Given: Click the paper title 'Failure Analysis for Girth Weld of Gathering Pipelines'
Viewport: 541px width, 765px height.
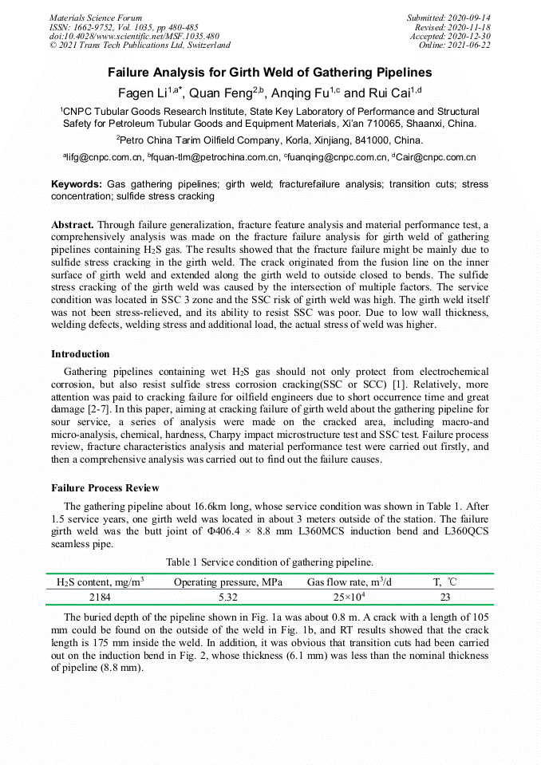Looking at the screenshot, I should click(270, 73).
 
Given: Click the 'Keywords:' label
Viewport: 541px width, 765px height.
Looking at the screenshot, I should click(77, 184).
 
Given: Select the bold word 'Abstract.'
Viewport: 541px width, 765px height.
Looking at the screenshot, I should click(73, 226).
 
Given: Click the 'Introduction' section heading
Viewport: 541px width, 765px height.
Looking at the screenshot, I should click(81, 354).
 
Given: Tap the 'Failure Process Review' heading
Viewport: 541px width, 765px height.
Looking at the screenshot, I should click(105, 488).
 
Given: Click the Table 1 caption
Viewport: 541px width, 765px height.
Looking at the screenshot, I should click(270, 562).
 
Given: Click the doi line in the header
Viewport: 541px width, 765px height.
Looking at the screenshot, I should click(134, 37).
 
